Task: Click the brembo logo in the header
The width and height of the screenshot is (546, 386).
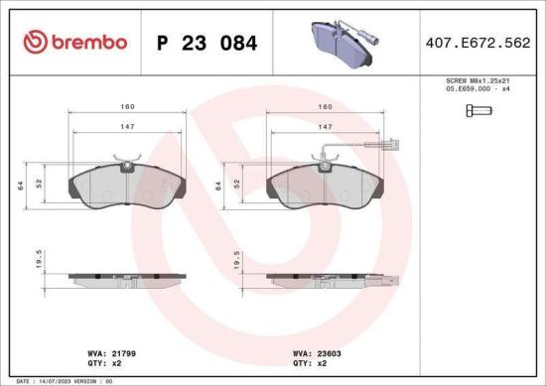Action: [73, 43]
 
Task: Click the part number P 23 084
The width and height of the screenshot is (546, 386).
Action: [207, 43]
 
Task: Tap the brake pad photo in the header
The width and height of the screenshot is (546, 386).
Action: [339, 41]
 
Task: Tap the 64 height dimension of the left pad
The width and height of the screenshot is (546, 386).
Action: [21, 185]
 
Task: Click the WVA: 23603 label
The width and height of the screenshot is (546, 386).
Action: [316, 352]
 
